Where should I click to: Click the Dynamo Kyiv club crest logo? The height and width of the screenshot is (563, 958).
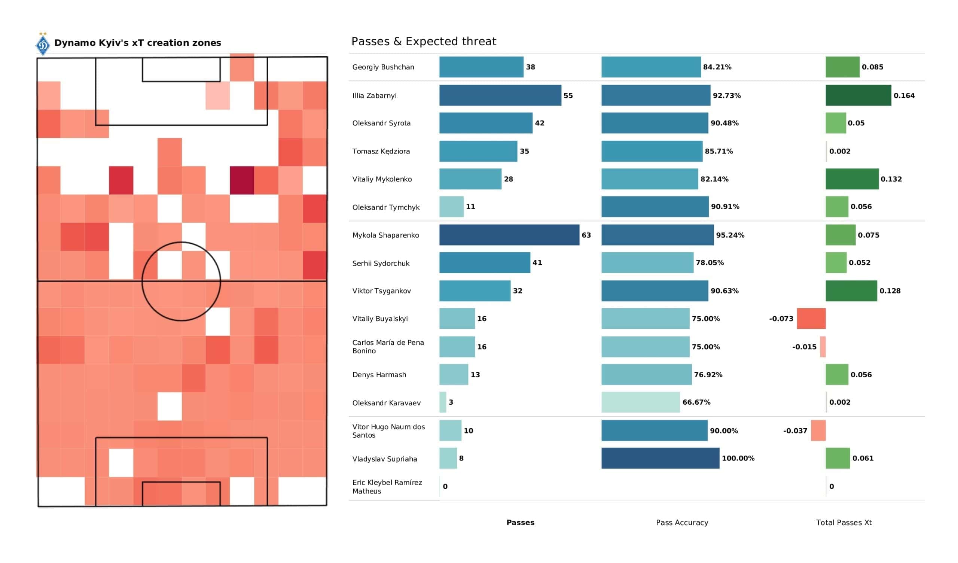click(x=43, y=45)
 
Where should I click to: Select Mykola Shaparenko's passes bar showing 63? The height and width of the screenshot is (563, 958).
click(x=509, y=235)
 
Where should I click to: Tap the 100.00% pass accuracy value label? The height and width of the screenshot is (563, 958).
click(x=738, y=459)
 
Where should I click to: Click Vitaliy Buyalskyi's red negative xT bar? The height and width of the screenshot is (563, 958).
click(x=811, y=319)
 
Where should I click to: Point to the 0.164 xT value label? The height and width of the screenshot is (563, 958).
click(x=904, y=95)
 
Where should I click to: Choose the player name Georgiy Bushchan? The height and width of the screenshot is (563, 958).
click(x=383, y=67)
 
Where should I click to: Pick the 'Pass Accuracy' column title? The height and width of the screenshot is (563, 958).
click(x=681, y=523)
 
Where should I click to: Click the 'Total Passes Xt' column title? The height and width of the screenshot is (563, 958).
click(x=843, y=523)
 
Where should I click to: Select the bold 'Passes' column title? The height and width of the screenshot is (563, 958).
click(x=520, y=523)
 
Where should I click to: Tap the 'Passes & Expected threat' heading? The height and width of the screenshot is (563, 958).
click(x=424, y=41)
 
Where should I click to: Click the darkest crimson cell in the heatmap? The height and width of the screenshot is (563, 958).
click(x=242, y=180)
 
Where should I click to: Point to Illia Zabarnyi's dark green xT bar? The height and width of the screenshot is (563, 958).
click(x=858, y=95)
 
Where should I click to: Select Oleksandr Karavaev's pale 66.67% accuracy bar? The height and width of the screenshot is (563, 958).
click(x=640, y=402)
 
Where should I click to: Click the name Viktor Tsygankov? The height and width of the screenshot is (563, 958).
click(x=381, y=290)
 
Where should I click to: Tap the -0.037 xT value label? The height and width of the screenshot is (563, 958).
click(x=794, y=430)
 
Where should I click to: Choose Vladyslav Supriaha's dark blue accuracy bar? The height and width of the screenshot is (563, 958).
click(x=660, y=458)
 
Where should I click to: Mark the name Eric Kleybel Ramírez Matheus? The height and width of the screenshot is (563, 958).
click(x=387, y=487)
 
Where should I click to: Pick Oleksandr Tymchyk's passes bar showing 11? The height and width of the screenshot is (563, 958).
click(x=451, y=207)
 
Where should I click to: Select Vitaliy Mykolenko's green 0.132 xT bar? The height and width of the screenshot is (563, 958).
click(x=852, y=179)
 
